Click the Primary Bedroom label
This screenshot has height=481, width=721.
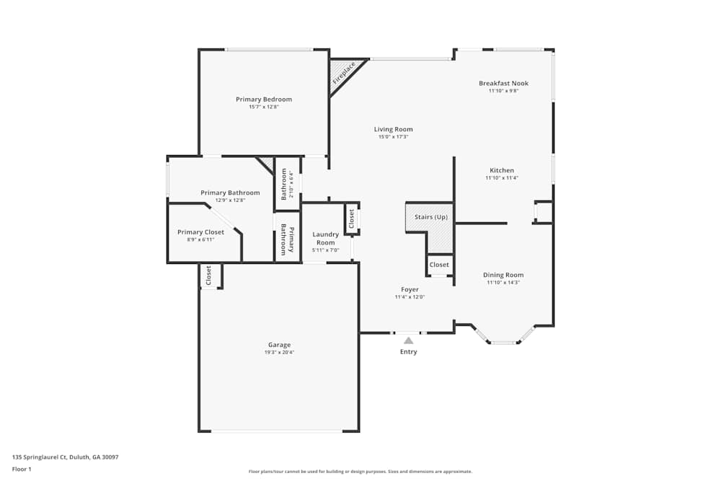tap(264, 99)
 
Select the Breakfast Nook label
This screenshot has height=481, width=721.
tap(503, 83)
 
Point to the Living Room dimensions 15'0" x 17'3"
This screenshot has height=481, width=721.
tap(393, 137)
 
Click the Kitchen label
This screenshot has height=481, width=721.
tap(502, 170)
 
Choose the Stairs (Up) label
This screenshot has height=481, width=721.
tap(430, 216)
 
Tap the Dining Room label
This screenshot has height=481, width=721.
tap(503, 275)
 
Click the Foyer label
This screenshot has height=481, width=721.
tap(410, 289)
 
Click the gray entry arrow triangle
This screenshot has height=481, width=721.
tap(408, 340)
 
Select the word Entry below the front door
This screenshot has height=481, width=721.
tap(408, 352)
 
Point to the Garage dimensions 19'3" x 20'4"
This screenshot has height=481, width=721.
tap(279, 353)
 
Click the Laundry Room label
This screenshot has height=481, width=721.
tap(325, 238)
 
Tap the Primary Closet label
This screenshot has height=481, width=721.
tap(200, 231)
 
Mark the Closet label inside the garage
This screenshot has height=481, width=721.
tap(208, 275)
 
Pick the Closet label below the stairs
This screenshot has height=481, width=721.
tap(439, 265)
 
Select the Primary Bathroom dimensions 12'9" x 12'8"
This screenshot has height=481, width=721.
tap(230, 200)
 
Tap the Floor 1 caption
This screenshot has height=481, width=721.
tap(22, 469)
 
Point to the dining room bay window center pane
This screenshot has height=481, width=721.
tap(504, 343)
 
